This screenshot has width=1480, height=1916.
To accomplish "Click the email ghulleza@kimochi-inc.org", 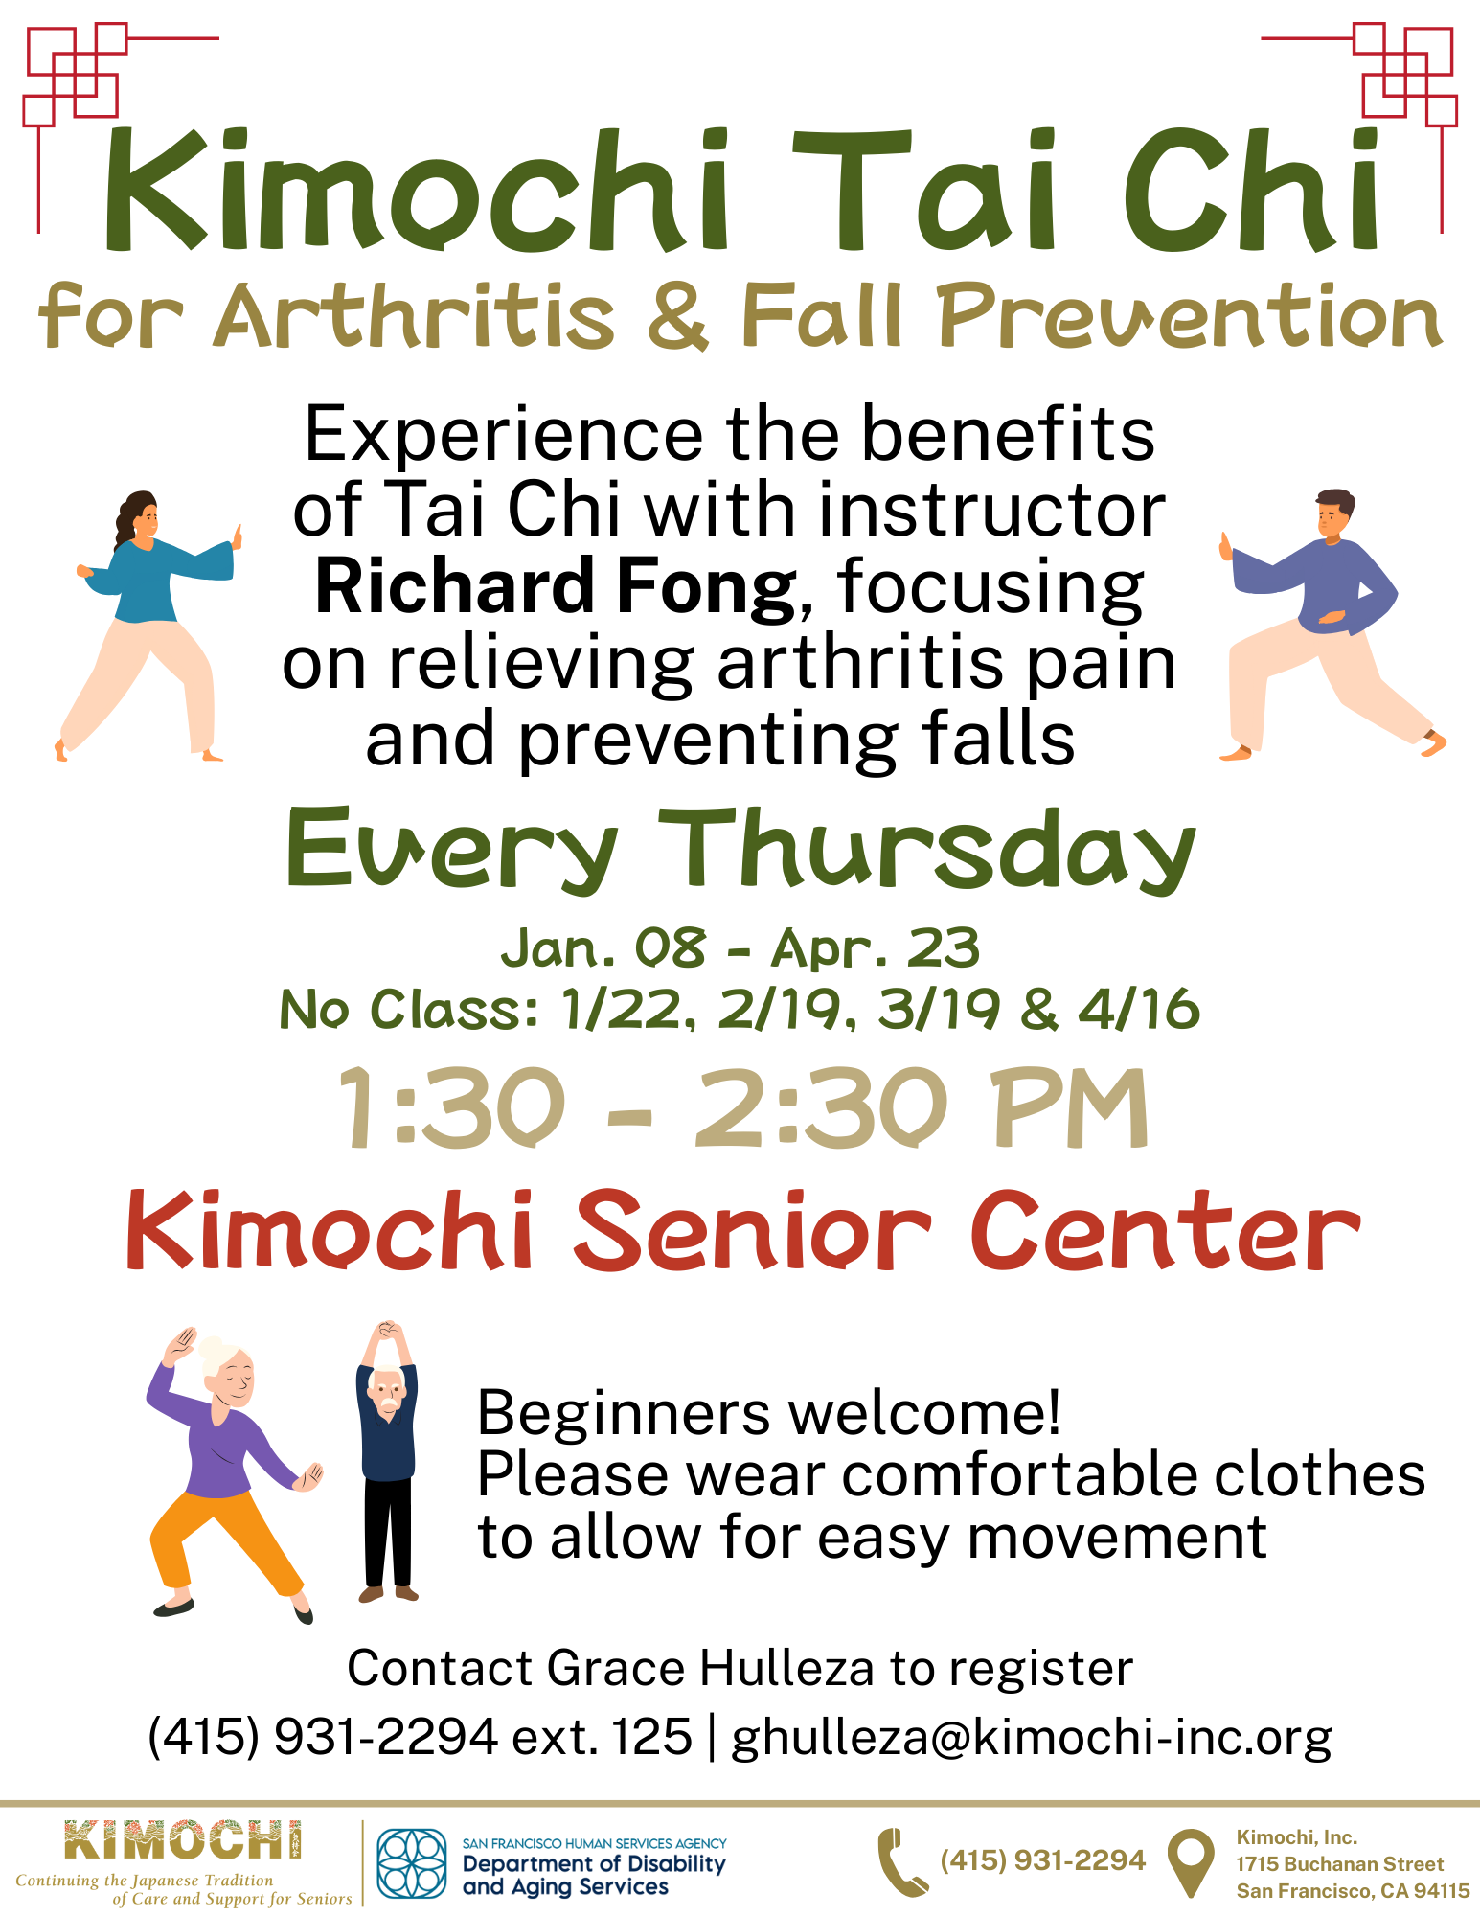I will coord(1031,1736).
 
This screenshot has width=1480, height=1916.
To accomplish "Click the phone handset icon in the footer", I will coord(900,1862).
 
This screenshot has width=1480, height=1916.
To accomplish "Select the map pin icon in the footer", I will coord(1190,1862).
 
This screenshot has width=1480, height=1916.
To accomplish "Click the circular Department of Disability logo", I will coord(412,1863).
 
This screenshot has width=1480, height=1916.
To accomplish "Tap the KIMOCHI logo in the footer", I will coord(182,1839).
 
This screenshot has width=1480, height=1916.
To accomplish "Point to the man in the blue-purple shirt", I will coord(1327,623).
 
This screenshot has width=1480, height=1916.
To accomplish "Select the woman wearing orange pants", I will coord(230,1475).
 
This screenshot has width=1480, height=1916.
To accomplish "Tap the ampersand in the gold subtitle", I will coord(678,316).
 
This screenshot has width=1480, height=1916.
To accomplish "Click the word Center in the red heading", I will coord(1164,1231).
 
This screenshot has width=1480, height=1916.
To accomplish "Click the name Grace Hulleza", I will coord(710,1668).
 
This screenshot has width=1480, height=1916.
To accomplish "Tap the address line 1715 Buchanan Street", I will coord(1339,1864).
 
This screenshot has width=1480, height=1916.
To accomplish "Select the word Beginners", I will coord(623,1412).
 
